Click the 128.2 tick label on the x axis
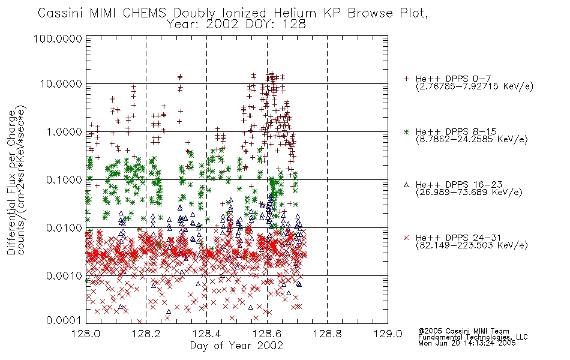click(146, 334)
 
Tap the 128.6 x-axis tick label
click(267, 334)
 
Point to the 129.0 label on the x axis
click(388, 334)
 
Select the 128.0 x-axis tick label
click(86, 334)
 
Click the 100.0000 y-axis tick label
click(58, 38)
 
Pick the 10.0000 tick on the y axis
click(61, 84)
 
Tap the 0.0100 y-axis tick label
click(64, 228)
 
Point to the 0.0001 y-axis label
click(64, 320)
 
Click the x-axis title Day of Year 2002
click(236, 346)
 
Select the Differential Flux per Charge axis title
click(12, 182)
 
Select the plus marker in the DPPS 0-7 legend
click(406, 79)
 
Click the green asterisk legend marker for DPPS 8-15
click(406, 131)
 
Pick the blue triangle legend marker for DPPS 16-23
click(406, 185)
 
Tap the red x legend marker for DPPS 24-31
click(406, 238)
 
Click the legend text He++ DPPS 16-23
click(459, 185)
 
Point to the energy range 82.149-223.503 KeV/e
click(472, 245)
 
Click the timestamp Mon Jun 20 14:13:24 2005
click(467, 343)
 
